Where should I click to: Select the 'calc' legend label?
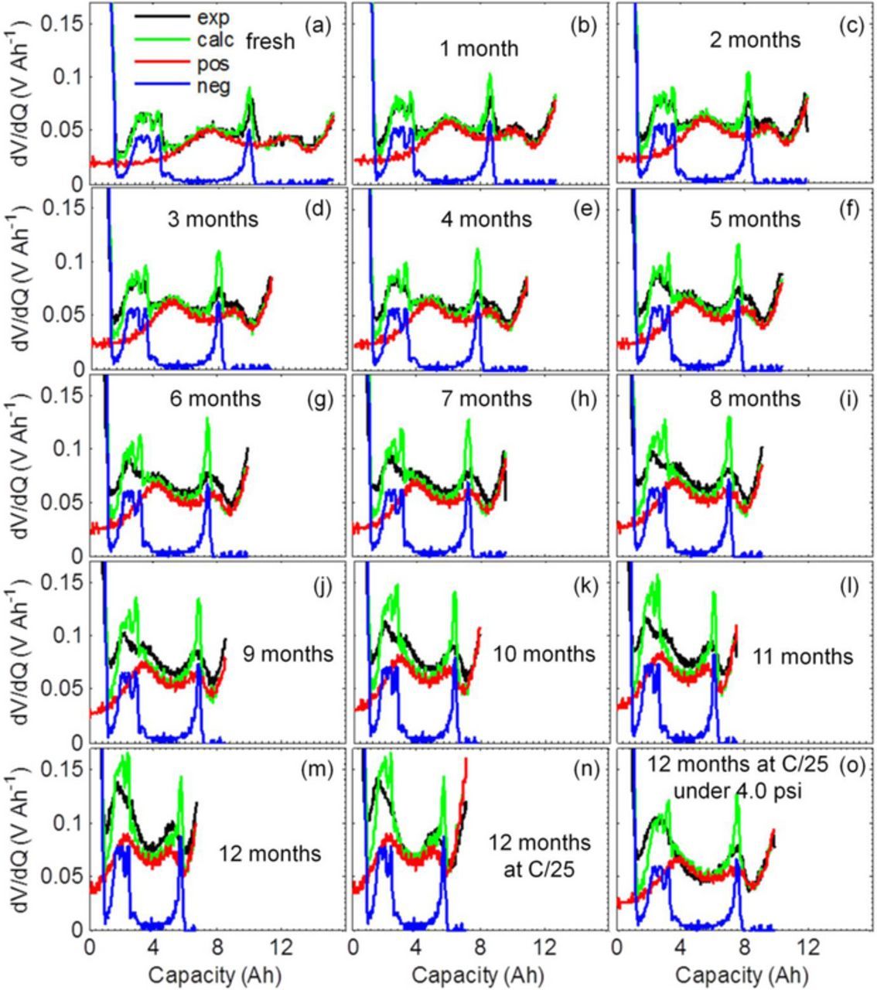click(214, 39)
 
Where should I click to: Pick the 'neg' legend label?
click(213, 86)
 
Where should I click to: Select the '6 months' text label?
click(215, 399)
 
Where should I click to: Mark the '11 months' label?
click(804, 657)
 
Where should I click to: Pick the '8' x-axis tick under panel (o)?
click(745, 946)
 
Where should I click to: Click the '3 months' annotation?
click(213, 220)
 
